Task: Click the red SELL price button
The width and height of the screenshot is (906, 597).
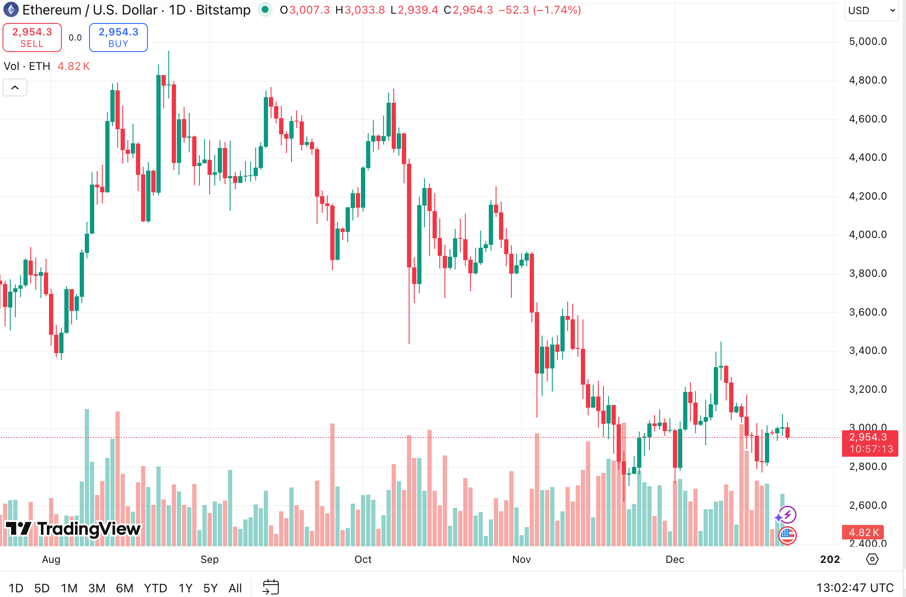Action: point(32,38)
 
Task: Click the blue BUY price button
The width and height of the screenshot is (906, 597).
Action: point(118,38)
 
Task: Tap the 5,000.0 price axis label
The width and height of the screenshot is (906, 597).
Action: point(868,41)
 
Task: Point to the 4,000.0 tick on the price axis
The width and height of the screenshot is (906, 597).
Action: point(868,235)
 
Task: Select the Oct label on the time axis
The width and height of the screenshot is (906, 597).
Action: point(363,559)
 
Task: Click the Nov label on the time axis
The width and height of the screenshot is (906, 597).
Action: point(522,559)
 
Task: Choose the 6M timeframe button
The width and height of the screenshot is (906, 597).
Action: point(124,588)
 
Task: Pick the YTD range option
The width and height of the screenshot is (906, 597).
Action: point(155,588)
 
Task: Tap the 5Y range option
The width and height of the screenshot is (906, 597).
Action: point(211,588)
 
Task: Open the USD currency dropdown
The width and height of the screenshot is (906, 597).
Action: point(871,11)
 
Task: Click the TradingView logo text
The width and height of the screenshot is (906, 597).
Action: point(73,529)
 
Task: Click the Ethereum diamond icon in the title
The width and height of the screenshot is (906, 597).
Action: point(11,9)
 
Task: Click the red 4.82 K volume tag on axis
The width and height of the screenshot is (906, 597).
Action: point(863,532)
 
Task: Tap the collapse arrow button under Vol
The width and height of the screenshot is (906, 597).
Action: point(15,87)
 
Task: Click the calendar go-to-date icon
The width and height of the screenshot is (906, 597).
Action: point(271,587)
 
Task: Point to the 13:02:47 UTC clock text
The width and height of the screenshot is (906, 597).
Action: point(855,588)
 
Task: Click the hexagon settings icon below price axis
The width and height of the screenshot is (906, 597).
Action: point(872,559)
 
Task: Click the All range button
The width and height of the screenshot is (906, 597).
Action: point(235,588)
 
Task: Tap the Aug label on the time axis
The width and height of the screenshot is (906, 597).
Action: point(51,559)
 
